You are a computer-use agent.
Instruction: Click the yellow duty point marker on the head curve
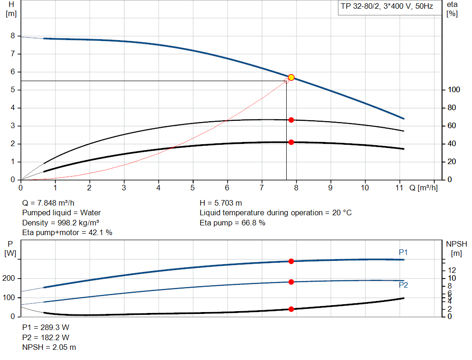point(291,77)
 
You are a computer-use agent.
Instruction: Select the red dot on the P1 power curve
point(291,261)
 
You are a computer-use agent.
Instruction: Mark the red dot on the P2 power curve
point(291,282)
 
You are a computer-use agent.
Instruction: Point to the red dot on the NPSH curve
point(291,309)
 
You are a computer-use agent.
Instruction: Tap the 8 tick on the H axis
point(13,36)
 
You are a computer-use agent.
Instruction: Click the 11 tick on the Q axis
point(400,188)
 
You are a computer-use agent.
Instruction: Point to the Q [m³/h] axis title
point(424,188)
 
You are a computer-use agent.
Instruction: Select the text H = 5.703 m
point(221,203)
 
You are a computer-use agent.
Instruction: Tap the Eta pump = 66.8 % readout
point(232,223)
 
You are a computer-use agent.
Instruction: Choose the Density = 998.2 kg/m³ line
point(61,223)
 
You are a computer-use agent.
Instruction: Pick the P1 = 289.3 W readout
point(46,327)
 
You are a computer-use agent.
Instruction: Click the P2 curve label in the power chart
point(403,285)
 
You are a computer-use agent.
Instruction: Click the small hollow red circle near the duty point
point(287,81)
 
